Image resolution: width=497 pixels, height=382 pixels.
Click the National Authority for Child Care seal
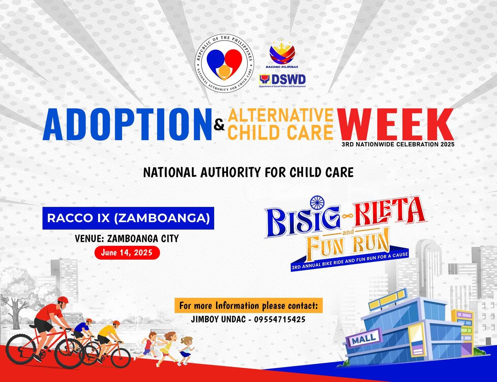pyautogui.click(x=224, y=64)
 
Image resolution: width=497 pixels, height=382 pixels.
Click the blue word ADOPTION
pyautogui.click(x=127, y=124)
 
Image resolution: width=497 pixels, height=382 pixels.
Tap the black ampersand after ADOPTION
pyautogui.click(x=219, y=126)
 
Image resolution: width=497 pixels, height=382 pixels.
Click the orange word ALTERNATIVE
pyautogui.click(x=281, y=115)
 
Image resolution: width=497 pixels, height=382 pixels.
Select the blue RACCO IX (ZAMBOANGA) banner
pyautogui.click(x=128, y=218)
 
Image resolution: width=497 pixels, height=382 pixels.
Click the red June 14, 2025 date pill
pyautogui.click(x=127, y=253)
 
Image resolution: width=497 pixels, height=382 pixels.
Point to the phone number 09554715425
pyautogui.click(x=280, y=319)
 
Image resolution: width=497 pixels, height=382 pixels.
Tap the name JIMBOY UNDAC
pyautogui.click(x=217, y=319)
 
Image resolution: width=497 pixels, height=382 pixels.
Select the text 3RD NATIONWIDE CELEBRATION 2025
pyautogui.click(x=398, y=144)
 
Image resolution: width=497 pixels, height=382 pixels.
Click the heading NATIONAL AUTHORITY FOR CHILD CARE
pyautogui.click(x=248, y=173)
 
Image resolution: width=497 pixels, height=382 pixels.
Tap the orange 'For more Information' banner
pyautogui.click(x=248, y=306)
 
